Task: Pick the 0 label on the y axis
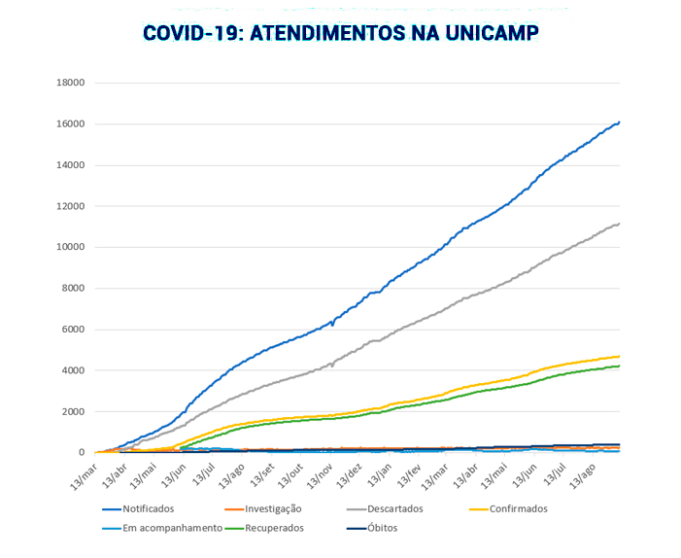83,452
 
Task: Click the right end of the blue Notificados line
620,122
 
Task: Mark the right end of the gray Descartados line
620,224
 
